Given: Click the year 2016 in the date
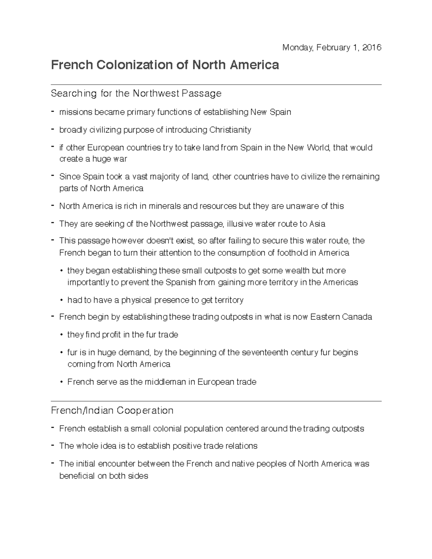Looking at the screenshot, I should (372, 48).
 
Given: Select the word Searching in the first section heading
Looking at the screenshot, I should (74, 94).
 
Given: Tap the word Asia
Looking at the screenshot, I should (317, 224).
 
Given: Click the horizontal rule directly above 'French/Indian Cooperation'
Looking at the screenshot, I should (216, 401).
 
